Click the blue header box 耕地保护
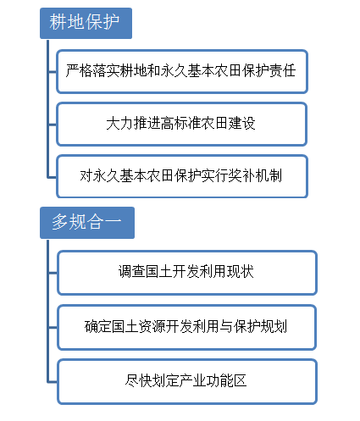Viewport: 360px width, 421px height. click(x=86, y=23)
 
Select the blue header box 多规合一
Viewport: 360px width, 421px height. click(x=87, y=223)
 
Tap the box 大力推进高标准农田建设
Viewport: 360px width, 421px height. click(x=182, y=125)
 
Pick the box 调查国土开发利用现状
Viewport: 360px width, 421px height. click(x=187, y=273)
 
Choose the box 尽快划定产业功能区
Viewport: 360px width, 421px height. click(x=187, y=381)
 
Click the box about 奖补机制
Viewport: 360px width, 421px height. click(x=182, y=176)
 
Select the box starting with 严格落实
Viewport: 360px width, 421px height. click(x=182, y=71)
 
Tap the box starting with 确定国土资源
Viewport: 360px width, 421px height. click(x=186, y=327)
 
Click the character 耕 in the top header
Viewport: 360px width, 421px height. click(x=58, y=22)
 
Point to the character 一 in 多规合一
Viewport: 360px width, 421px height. click(x=113, y=221)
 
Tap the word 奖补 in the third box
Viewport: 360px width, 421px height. click(x=241, y=175)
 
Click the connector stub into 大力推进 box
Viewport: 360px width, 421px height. click(x=53, y=125)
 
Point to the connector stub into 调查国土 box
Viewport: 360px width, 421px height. click(x=53, y=273)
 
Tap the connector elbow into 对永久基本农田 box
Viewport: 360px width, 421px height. click(x=48, y=177)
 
